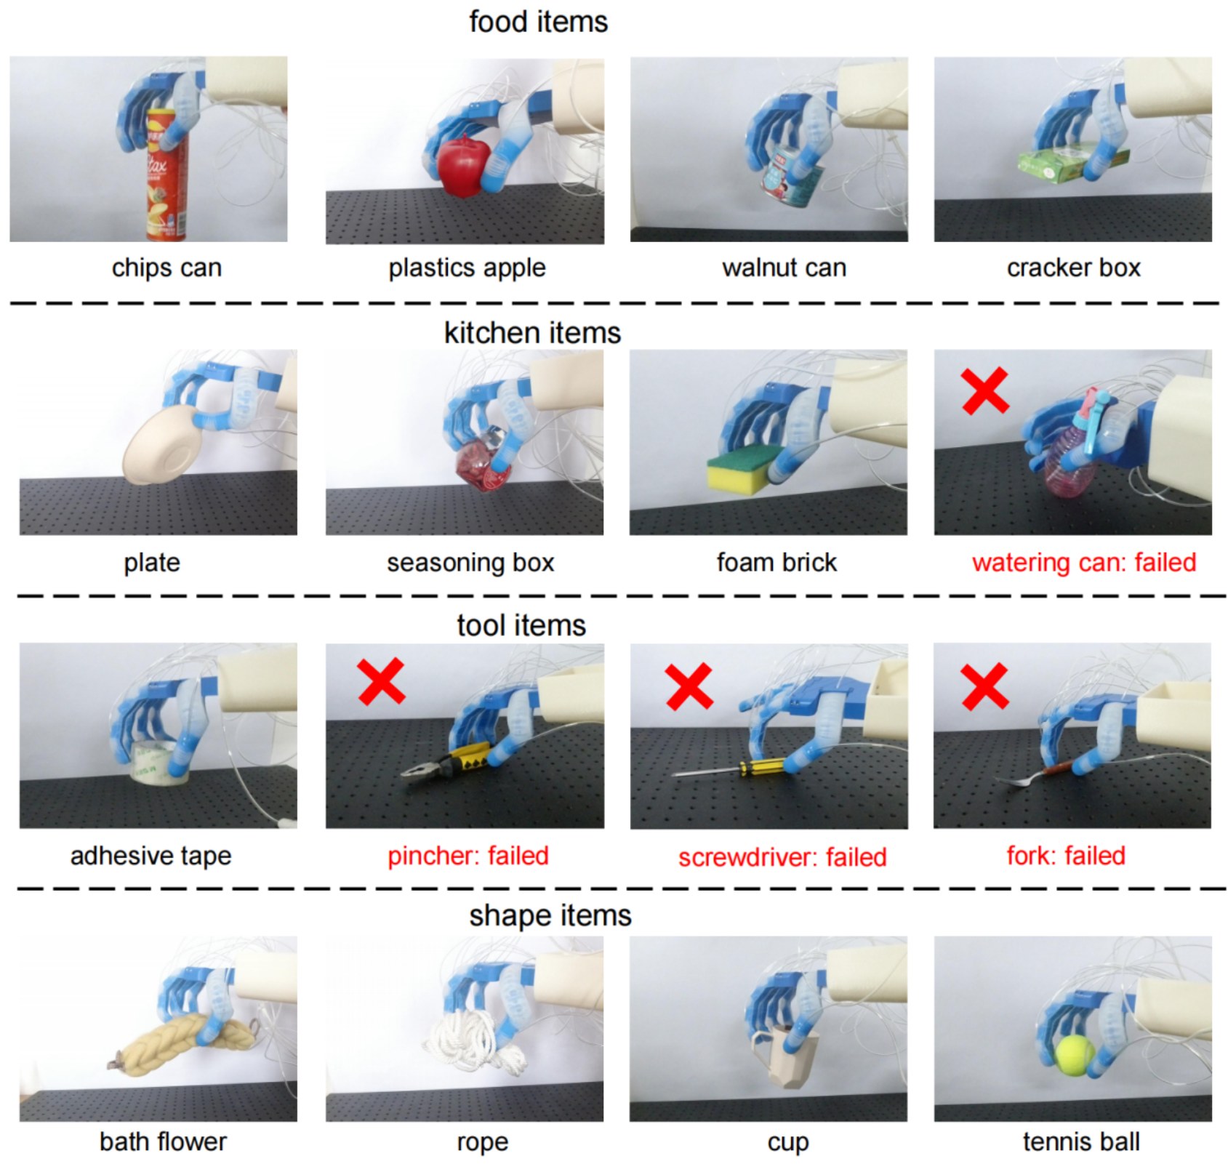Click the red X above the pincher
click(x=382, y=681)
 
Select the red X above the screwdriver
click(x=689, y=686)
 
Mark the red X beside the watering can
click(x=985, y=390)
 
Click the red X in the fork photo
click(x=985, y=686)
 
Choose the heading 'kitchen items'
click(x=532, y=333)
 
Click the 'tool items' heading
click(x=521, y=625)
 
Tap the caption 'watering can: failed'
click(x=1084, y=563)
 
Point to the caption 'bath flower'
click(x=163, y=1141)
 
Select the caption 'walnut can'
click(x=784, y=268)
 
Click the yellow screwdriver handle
click(x=761, y=766)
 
